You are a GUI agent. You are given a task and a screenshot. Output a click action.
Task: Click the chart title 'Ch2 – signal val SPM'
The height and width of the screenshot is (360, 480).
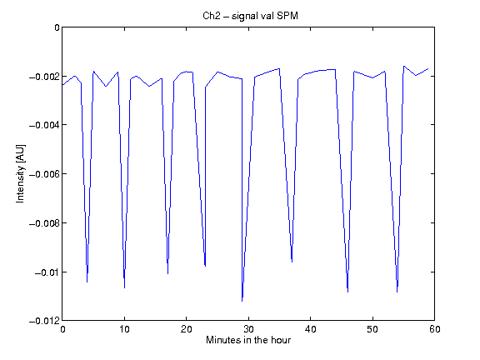250,16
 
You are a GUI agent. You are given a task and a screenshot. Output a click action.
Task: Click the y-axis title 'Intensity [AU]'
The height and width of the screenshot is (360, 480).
21,173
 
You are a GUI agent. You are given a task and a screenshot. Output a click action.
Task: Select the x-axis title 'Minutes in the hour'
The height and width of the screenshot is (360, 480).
248,340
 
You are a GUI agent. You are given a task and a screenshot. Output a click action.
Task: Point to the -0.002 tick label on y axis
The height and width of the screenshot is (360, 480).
44,77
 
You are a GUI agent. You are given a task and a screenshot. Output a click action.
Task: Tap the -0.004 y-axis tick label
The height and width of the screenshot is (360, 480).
44,125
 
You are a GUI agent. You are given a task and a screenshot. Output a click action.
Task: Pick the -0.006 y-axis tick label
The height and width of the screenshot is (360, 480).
44,174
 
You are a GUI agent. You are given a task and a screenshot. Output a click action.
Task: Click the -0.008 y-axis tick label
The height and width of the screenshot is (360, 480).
44,223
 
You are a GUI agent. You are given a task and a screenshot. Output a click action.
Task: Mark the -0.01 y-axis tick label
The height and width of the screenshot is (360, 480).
47,272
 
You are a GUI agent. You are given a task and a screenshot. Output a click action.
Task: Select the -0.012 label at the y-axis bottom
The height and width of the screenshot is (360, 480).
44,321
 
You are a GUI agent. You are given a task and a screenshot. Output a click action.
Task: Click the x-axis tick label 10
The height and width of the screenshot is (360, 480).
124,329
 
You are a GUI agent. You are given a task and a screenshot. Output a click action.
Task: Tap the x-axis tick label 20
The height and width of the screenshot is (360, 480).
186,329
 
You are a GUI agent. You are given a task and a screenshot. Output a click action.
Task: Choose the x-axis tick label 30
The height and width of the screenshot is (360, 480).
248,329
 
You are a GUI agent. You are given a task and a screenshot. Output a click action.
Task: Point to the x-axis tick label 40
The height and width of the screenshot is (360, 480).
310,329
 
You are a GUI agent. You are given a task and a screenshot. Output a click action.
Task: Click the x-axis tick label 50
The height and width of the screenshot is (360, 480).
372,329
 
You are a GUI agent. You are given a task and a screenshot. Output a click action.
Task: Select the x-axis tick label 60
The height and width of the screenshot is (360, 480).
435,329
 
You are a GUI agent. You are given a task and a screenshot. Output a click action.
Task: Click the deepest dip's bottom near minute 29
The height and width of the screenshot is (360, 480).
242,301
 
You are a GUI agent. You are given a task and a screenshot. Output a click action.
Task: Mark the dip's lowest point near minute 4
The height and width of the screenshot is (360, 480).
87,282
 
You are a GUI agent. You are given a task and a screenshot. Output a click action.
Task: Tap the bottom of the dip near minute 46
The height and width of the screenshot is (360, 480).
347,292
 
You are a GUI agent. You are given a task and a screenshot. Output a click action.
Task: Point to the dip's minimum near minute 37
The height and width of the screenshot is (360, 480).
292,262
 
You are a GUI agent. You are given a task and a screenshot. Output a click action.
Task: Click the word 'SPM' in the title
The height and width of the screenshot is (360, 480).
287,16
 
